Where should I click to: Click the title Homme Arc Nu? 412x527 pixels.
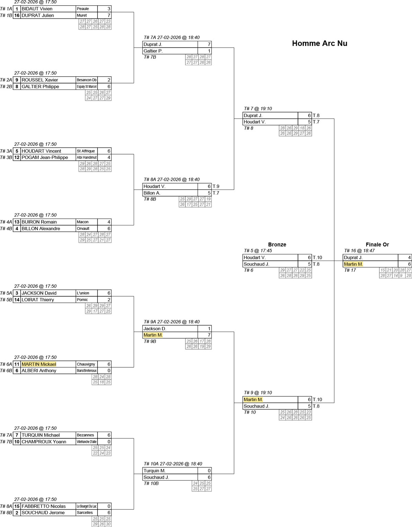click(x=319, y=43)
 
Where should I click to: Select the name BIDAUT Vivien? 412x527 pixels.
click(x=37, y=9)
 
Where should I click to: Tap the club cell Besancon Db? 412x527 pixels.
click(x=87, y=80)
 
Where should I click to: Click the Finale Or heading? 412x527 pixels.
click(x=377, y=244)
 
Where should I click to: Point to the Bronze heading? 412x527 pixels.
click(x=277, y=244)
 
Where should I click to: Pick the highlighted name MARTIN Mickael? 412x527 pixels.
click(x=39, y=364)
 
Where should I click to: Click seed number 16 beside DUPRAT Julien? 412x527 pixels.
click(x=17, y=15)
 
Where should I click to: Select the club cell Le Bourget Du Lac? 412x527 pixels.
click(x=87, y=506)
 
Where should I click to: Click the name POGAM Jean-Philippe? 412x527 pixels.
click(x=45, y=158)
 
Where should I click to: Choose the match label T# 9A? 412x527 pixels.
click(x=150, y=322)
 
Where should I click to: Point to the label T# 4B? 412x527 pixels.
click(x=6, y=229)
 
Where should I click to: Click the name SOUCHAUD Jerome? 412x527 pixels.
click(x=43, y=513)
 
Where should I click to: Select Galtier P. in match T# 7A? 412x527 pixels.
click(x=153, y=51)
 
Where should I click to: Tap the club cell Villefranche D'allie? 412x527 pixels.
click(x=87, y=442)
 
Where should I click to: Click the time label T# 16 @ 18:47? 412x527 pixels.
click(x=359, y=251)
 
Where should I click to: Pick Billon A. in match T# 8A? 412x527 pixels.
click(x=152, y=193)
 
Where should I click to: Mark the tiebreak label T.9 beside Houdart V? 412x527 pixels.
click(x=216, y=186)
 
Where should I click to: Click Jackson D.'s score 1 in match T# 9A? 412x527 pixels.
click(x=209, y=329)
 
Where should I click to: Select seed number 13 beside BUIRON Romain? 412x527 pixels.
click(x=17, y=222)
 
